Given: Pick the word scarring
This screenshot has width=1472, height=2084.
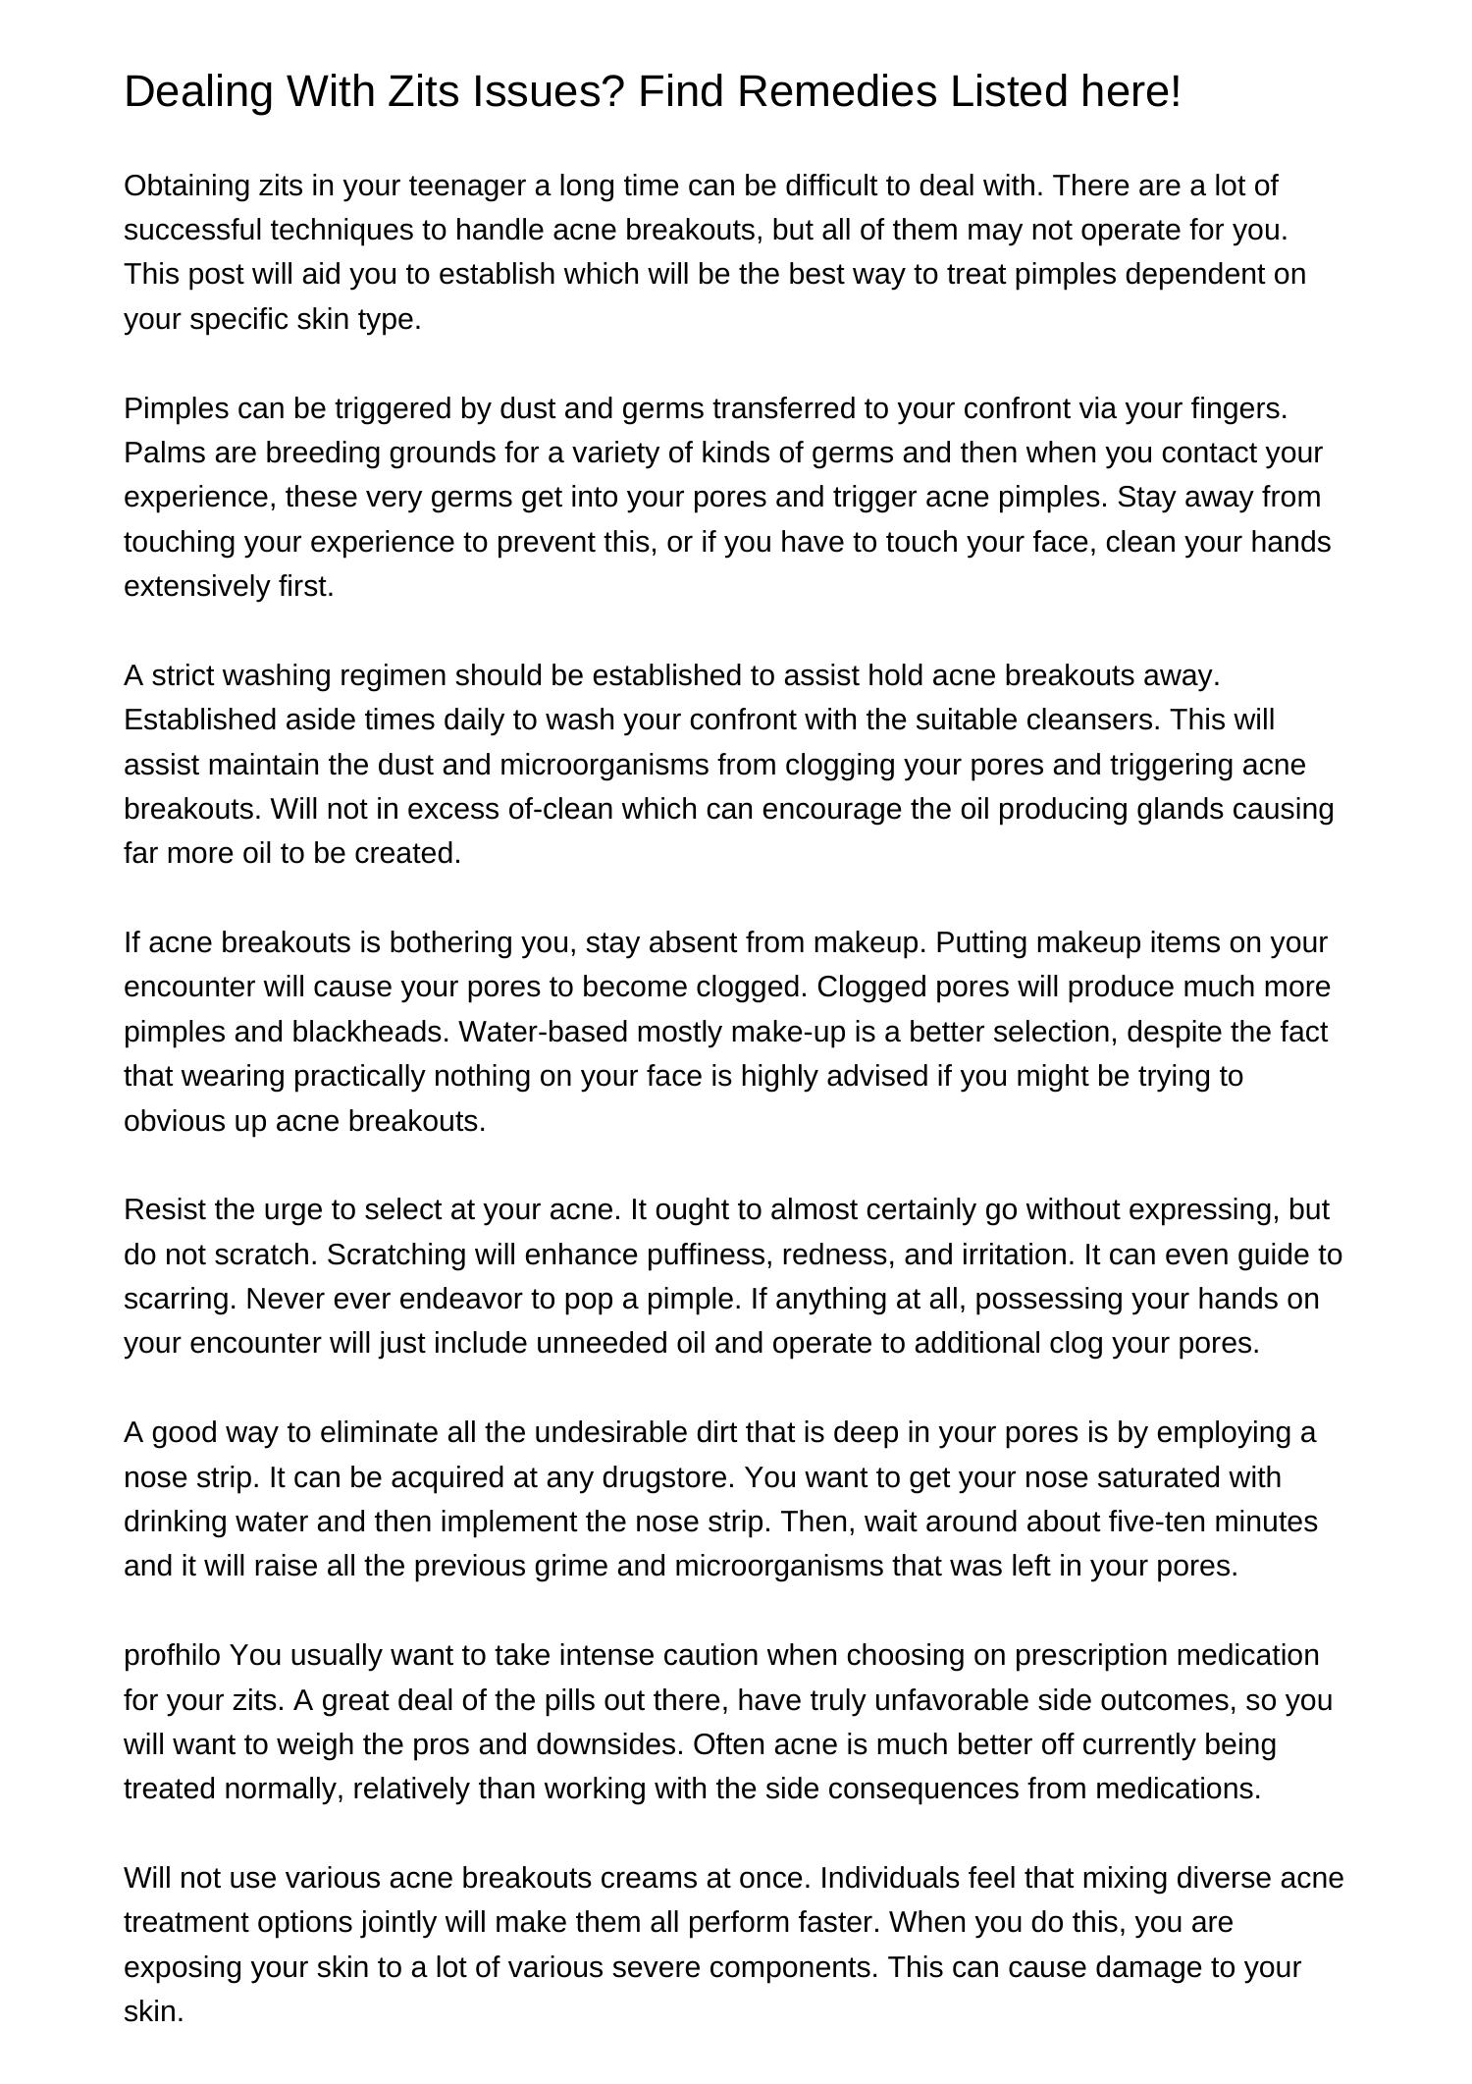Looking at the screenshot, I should [180, 1299].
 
